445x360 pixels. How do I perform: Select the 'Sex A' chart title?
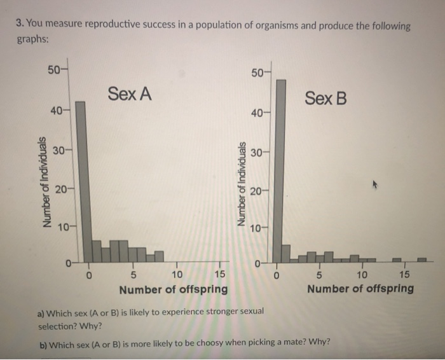[x=130, y=94]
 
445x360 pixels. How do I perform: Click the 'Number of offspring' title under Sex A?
[x=174, y=290]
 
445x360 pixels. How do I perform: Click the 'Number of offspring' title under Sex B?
[x=360, y=289]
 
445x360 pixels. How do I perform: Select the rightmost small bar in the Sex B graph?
[x=421, y=260]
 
